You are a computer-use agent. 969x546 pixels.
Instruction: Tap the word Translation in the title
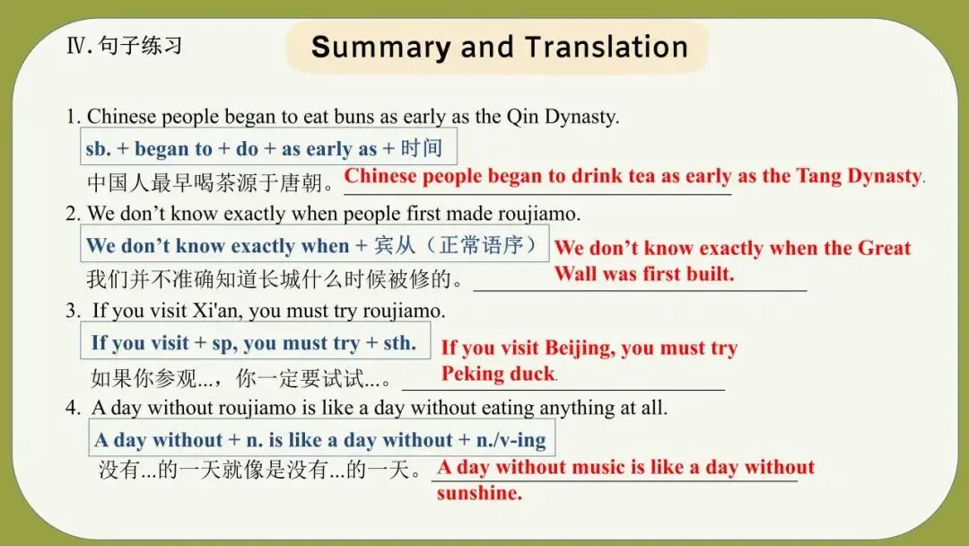[607, 48]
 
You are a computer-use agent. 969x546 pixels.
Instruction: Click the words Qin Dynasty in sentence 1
[563, 117]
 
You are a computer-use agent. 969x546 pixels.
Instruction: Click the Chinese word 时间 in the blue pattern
[421, 149]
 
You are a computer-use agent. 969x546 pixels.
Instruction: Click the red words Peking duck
[498, 374]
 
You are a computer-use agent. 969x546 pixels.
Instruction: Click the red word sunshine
[478, 493]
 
